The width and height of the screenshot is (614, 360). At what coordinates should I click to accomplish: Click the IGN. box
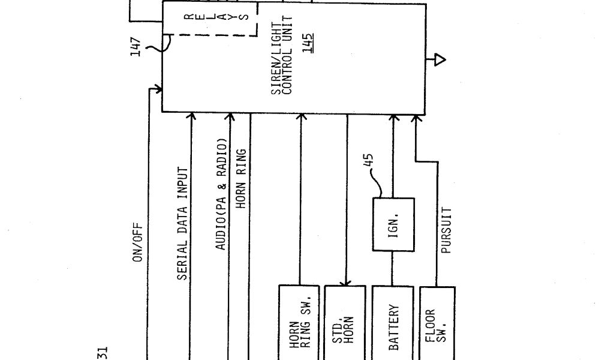click(x=393, y=224)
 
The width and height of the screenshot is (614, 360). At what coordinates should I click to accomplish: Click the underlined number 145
click(x=307, y=42)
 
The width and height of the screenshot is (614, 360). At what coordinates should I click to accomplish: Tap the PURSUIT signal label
click(x=446, y=230)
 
